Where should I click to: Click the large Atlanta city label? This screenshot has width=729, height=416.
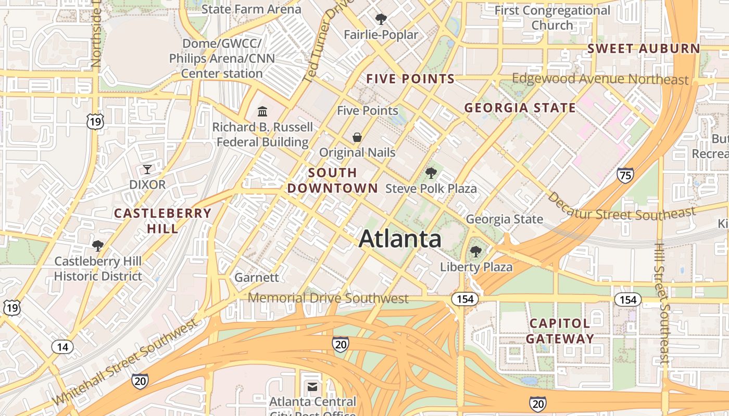point(400,239)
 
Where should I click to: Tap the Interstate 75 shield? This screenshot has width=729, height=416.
point(625,175)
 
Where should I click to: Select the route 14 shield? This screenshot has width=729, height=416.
point(62,347)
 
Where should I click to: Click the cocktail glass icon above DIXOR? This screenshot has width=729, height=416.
point(147,169)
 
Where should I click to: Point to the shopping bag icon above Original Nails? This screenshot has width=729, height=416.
point(357,137)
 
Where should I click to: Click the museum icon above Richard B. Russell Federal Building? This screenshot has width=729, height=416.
point(262,111)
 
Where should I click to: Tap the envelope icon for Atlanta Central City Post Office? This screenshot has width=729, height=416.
point(312,387)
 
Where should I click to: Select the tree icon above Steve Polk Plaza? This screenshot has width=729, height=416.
point(431,173)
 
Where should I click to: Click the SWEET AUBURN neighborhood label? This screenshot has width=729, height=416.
point(644,49)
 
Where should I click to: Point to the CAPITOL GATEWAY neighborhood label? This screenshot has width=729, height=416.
point(560,331)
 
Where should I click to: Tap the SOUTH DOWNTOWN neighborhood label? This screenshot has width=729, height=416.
point(333,180)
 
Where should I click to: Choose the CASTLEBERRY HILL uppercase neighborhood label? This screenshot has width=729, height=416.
point(162,220)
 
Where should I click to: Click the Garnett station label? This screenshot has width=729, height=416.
point(257,277)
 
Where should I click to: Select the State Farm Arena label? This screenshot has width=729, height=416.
point(251,9)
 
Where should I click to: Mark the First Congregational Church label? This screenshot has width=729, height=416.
point(552,18)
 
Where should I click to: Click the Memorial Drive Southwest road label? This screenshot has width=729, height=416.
point(328,298)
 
